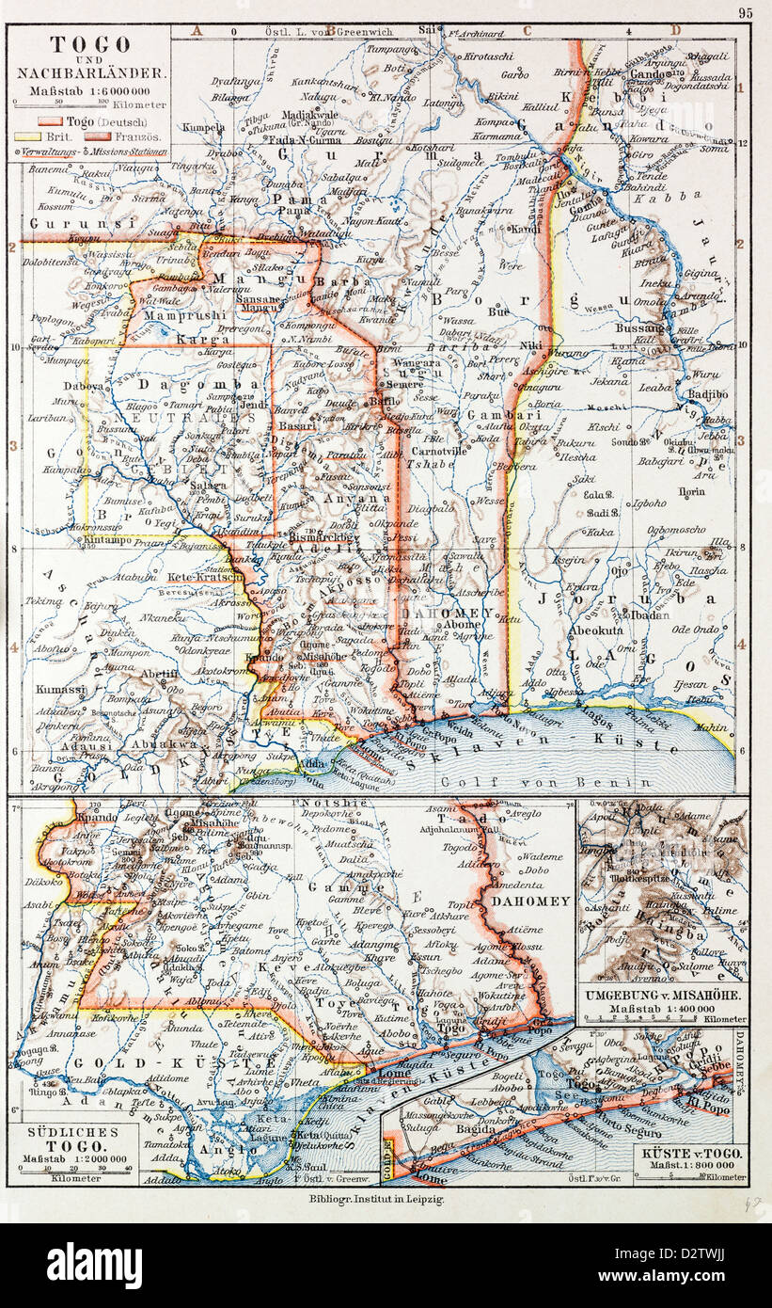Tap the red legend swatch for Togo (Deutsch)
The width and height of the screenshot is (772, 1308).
point(51,122)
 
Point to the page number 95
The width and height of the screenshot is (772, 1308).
point(745,13)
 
